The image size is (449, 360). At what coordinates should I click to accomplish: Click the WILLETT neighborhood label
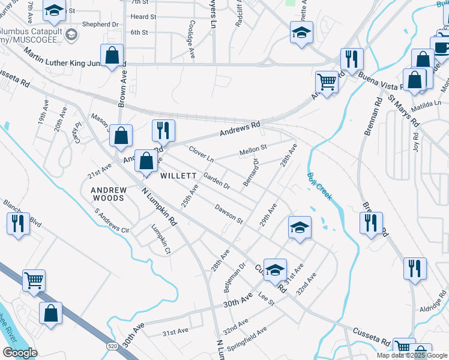(x=179, y=176)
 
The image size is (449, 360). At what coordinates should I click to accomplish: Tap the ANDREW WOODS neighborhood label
(x=109, y=194)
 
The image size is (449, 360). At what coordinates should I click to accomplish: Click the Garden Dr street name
(x=217, y=181)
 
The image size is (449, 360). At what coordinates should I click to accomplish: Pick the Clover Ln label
(x=201, y=154)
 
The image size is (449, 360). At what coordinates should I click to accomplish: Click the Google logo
(x=20, y=353)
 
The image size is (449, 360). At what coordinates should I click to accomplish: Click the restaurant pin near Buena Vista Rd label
(x=351, y=59)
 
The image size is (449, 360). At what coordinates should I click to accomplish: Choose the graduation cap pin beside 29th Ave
(x=300, y=227)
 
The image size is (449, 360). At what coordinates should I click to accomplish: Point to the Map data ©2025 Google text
(x=412, y=355)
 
